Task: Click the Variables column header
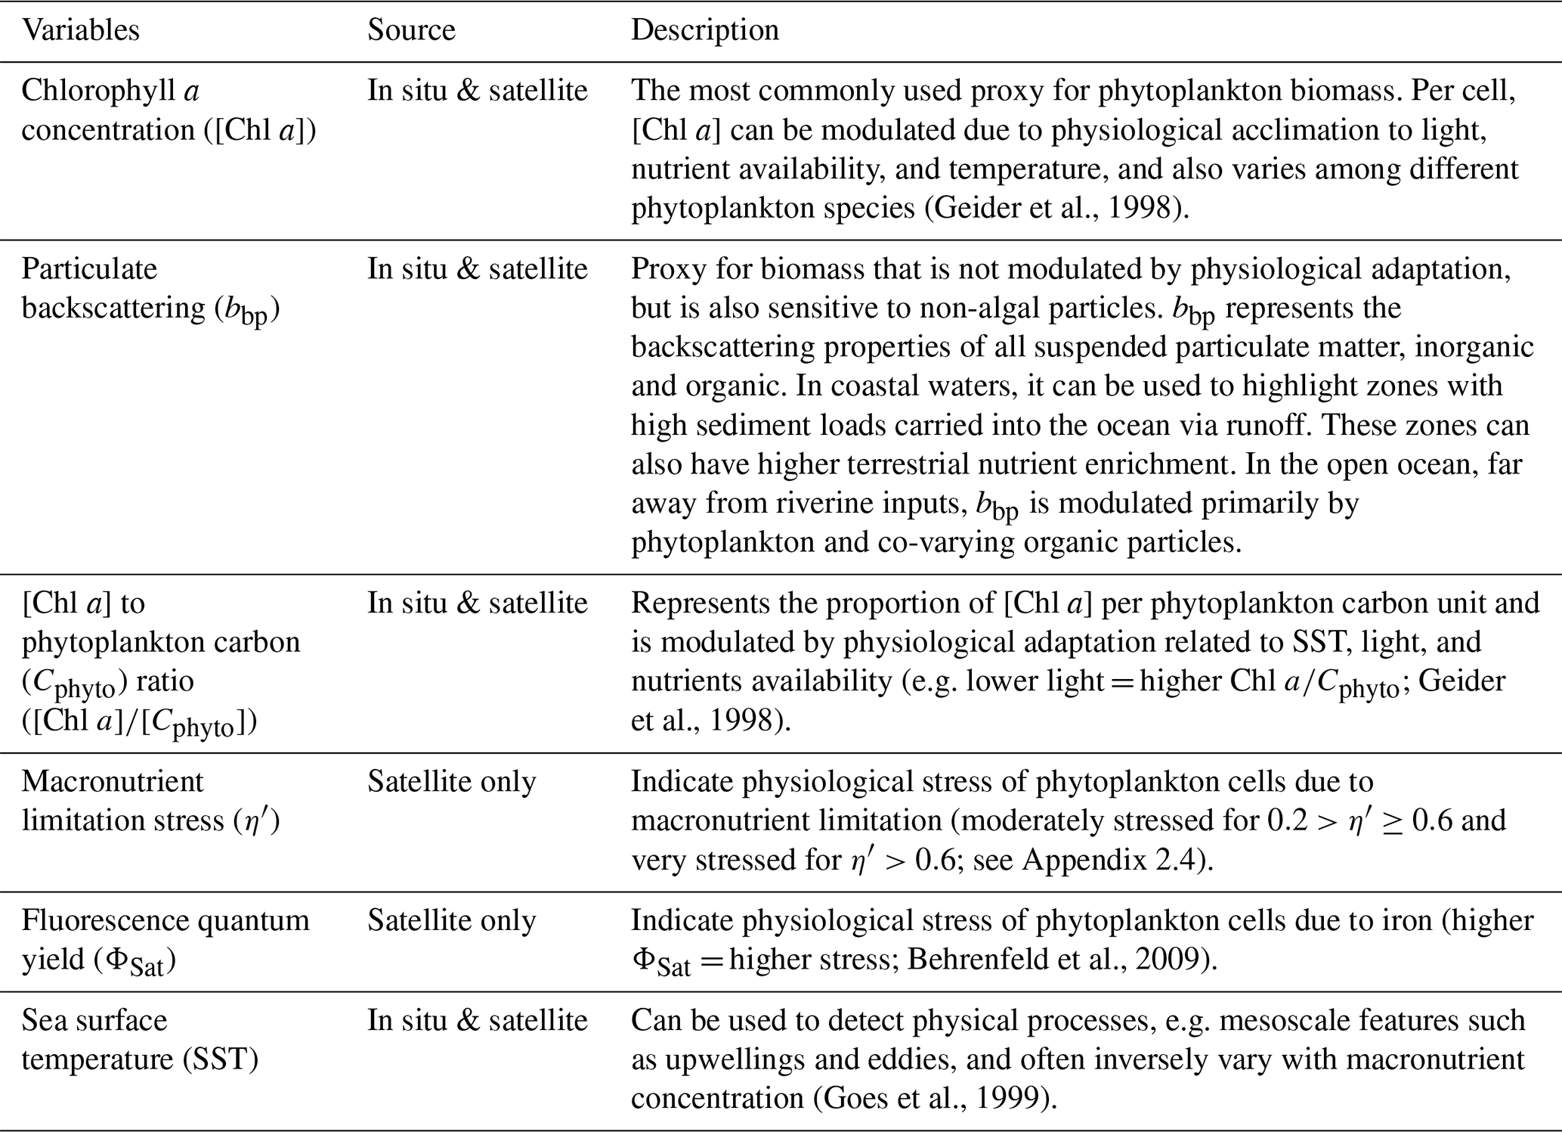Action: pyautogui.click(x=80, y=30)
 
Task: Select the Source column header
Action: pyautogui.click(x=411, y=30)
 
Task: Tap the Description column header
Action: pyautogui.click(x=704, y=30)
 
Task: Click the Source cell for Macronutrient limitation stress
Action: pyautogui.click(x=451, y=781)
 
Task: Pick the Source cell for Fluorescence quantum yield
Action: pyautogui.click(x=451, y=920)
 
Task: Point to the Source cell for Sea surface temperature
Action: pyautogui.click(x=477, y=1020)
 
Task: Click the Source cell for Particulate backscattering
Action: pyautogui.click(x=477, y=269)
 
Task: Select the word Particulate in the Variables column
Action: pyautogui.click(x=89, y=269)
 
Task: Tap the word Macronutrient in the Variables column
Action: pyautogui.click(x=112, y=781)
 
